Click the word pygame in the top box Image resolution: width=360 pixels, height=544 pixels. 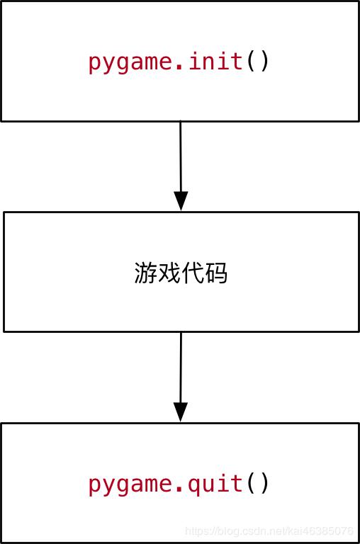tap(130, 62)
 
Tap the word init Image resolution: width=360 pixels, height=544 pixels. tap(217, 62)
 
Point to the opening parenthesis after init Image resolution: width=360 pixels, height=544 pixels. tap(252, 62)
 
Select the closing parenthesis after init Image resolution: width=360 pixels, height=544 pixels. tap(264, 62)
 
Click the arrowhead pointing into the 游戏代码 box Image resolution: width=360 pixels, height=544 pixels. tap(181, 200)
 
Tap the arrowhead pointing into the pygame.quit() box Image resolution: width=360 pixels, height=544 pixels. tap(181, 412)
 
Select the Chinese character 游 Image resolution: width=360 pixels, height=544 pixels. tap(145, 273)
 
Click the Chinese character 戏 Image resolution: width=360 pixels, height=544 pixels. tap(169, 273)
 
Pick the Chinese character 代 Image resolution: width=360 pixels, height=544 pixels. tap(193, 273)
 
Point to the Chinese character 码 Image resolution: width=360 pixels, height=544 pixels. tap(216, 273)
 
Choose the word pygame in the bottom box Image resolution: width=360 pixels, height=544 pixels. tap(130, 485)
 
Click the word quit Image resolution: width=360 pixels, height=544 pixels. tap(217, 484)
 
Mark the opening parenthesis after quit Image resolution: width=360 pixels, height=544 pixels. tap(252, 485)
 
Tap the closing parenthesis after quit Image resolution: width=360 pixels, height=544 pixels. tap(264, 485)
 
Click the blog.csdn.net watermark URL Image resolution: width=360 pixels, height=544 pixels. tap(269, 531)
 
